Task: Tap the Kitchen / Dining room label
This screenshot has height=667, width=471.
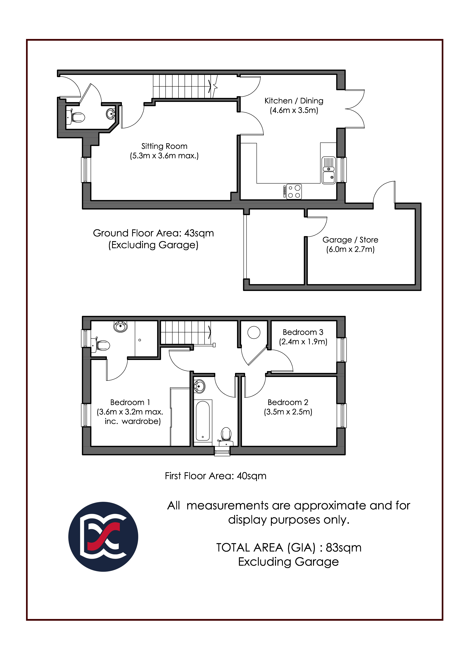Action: [294, 101]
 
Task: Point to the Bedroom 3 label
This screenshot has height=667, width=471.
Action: [303, 332]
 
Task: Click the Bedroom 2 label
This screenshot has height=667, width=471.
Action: [288, 402]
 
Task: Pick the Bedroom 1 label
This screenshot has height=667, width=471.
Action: [130, 402]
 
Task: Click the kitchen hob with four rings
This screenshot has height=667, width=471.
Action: [294, 192]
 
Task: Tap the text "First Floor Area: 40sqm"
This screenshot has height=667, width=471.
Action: [215, 476]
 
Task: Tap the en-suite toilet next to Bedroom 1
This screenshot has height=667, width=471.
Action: [100, 345]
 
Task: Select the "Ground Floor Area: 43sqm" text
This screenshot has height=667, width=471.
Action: [153, 233]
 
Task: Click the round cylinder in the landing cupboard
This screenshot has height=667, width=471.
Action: [254, 332]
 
